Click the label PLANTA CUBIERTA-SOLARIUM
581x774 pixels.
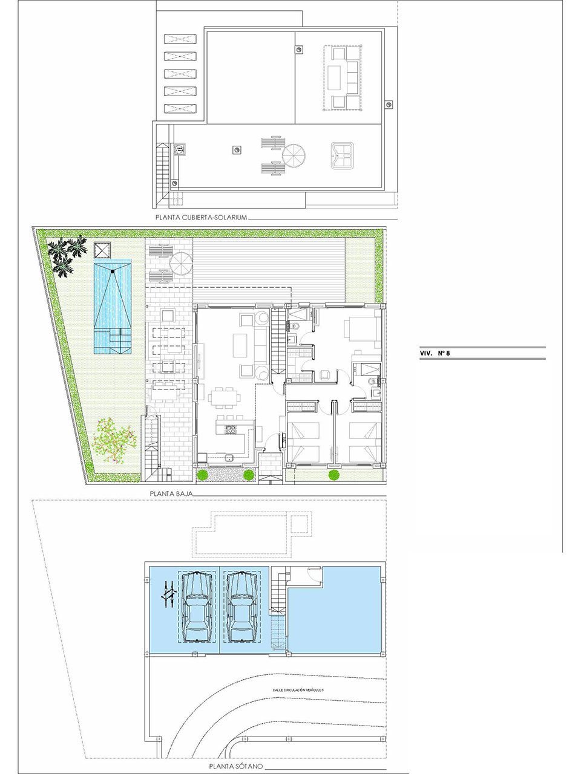click(x=201, y=218)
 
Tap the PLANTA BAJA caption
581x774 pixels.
click(x=171, y=494)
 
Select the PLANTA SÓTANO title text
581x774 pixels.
click(x=235, y=766)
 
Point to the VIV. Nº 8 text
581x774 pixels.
click(x=435, y=354)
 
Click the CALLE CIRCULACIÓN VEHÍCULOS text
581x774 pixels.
click(x=298, y=690)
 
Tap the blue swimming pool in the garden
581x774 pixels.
click(x=113, y=305)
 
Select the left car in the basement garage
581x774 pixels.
click(x=196, y=607)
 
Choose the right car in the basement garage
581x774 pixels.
click(x=240, y=607)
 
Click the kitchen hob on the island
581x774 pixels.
click(x=230, y=431)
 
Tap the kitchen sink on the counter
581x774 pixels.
click(x=229, y=458)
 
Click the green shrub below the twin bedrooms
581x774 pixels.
click(x=333, y=475)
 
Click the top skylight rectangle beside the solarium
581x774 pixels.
click(x=181, y=39)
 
